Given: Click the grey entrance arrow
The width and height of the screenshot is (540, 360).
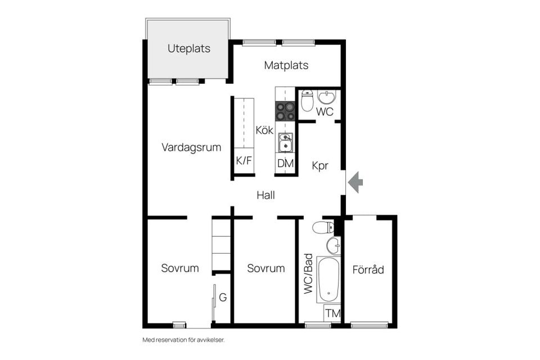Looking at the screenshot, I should [x=355, y=182].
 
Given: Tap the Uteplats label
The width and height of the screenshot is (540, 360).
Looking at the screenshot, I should [x=189, y=48].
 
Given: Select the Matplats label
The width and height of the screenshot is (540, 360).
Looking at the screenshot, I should [x=286, y=65].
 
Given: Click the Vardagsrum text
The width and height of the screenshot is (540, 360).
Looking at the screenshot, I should [x=191, y=147].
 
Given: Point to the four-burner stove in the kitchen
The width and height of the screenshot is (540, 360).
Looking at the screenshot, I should [x=285, y=111].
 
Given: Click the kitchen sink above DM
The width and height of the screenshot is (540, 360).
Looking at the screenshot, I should [x=286, y=143].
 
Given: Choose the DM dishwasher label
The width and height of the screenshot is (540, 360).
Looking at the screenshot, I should [x=286, y=164].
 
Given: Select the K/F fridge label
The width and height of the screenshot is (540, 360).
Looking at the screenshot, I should [x=244, y=160].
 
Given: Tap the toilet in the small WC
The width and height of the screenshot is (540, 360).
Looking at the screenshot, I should [x=307, y=101].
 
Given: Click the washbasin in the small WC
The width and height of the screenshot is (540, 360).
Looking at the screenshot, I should [x=326, y=97].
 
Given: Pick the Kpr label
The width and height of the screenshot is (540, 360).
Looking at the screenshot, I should [x=319, y=166].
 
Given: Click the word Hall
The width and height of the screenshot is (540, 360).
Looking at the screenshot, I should [x=266, y=195].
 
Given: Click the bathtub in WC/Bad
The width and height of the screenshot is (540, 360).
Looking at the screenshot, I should [x=328, y=280].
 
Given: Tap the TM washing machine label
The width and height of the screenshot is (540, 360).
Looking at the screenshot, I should [x=333, y=313].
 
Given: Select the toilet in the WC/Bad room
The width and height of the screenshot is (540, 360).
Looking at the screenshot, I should [x=323, y=227].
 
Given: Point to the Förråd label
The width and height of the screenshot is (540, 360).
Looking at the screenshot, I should [x=368, y=269].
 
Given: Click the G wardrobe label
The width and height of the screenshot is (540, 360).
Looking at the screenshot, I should [x=223, y=298].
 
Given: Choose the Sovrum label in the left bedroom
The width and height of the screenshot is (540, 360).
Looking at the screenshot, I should [x=180, y=268].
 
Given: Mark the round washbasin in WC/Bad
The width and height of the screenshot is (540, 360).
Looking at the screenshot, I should [x=333, y=245].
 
